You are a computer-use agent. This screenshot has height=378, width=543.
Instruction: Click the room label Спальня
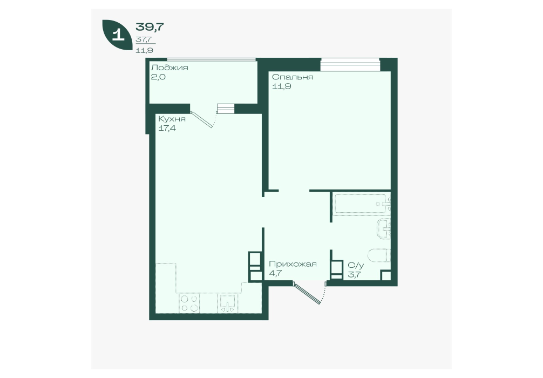click(x=293, y=77)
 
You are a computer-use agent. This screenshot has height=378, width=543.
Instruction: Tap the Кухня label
click(x=172, y=119)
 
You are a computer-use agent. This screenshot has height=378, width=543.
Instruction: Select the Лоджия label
click(x=169, y=67)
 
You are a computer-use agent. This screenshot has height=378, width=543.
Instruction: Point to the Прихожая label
click(x=293, y=264)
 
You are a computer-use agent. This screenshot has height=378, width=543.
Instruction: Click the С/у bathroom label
click(x=356, y=266)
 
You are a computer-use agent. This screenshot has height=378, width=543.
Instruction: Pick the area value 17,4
click(x=167, y=128)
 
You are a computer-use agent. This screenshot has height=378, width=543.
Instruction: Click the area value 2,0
click(x=158, y=77)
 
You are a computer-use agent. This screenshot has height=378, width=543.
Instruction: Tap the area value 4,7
click(x=275, y=273)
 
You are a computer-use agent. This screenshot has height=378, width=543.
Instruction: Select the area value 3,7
click(x=354, y=275)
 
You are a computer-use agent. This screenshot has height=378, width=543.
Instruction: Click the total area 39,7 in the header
click(x=150, y=26)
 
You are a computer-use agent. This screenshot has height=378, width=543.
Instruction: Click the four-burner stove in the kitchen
click(x=189, y=303)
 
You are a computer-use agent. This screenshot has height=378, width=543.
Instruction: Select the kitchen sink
click(x=228, y=303)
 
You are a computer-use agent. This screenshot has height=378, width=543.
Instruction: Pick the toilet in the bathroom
click(x=379, y=256)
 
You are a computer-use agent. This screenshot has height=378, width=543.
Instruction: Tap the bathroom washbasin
click(x=384, y=228)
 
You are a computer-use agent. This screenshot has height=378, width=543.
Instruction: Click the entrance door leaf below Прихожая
click(x=307, y=293)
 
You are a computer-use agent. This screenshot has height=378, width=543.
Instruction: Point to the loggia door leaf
click(x=201, y=119)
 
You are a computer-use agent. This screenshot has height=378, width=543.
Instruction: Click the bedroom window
click(x=350, y=64)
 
